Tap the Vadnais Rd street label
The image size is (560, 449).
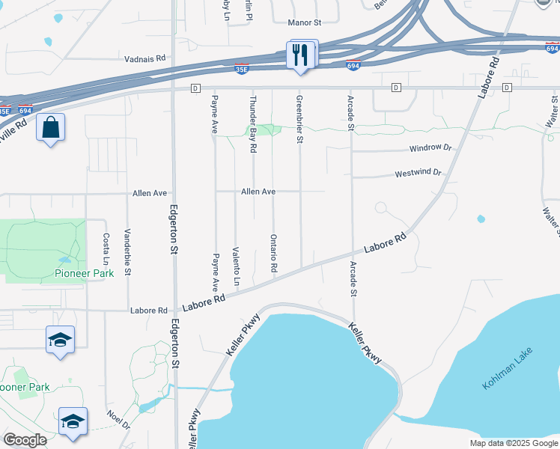[144, 58]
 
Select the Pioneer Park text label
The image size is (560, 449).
[83, 273]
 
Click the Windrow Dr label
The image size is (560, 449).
[430, 148]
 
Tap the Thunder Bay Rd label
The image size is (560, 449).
[253, 124]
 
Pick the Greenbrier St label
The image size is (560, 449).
[299, 119]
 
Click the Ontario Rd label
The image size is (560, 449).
[274, 252]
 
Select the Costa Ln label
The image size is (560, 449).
[106, 248]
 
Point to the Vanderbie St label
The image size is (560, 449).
[127, 251]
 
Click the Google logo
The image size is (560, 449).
[25, 441]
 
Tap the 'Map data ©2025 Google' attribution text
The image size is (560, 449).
[513, 443]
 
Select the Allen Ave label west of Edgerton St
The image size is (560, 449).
[150, 193]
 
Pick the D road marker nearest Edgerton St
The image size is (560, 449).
[195, 88]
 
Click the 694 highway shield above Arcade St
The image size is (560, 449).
[353, 66]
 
